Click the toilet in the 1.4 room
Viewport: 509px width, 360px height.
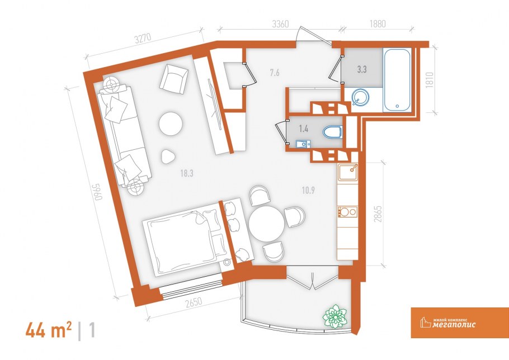tap(332, 132)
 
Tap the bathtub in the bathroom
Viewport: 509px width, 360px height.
tap(397, 80)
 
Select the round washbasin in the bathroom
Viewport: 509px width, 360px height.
tap(360, 97)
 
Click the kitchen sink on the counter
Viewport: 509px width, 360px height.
tap(348, 172)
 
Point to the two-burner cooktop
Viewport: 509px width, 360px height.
tap(347, 212)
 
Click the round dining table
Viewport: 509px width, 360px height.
tap(266, 224)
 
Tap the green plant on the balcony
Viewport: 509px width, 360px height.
tap(335, 315)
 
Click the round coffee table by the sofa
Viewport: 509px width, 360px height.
tap(171, 123)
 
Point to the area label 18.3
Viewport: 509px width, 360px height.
tap(187, 173)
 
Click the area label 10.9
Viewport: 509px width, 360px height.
tap(308, 190)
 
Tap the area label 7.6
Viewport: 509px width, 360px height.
tap(275, 73)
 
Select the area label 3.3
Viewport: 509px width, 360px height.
tap(362, 69)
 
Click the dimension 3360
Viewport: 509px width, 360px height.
tap(280, 25)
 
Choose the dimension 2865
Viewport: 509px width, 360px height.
tap(378, 214)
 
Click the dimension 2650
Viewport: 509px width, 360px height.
tap(194, 303)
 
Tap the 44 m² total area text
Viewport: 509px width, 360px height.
tap(49, 330)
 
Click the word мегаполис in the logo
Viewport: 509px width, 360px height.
tap(454, 324)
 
